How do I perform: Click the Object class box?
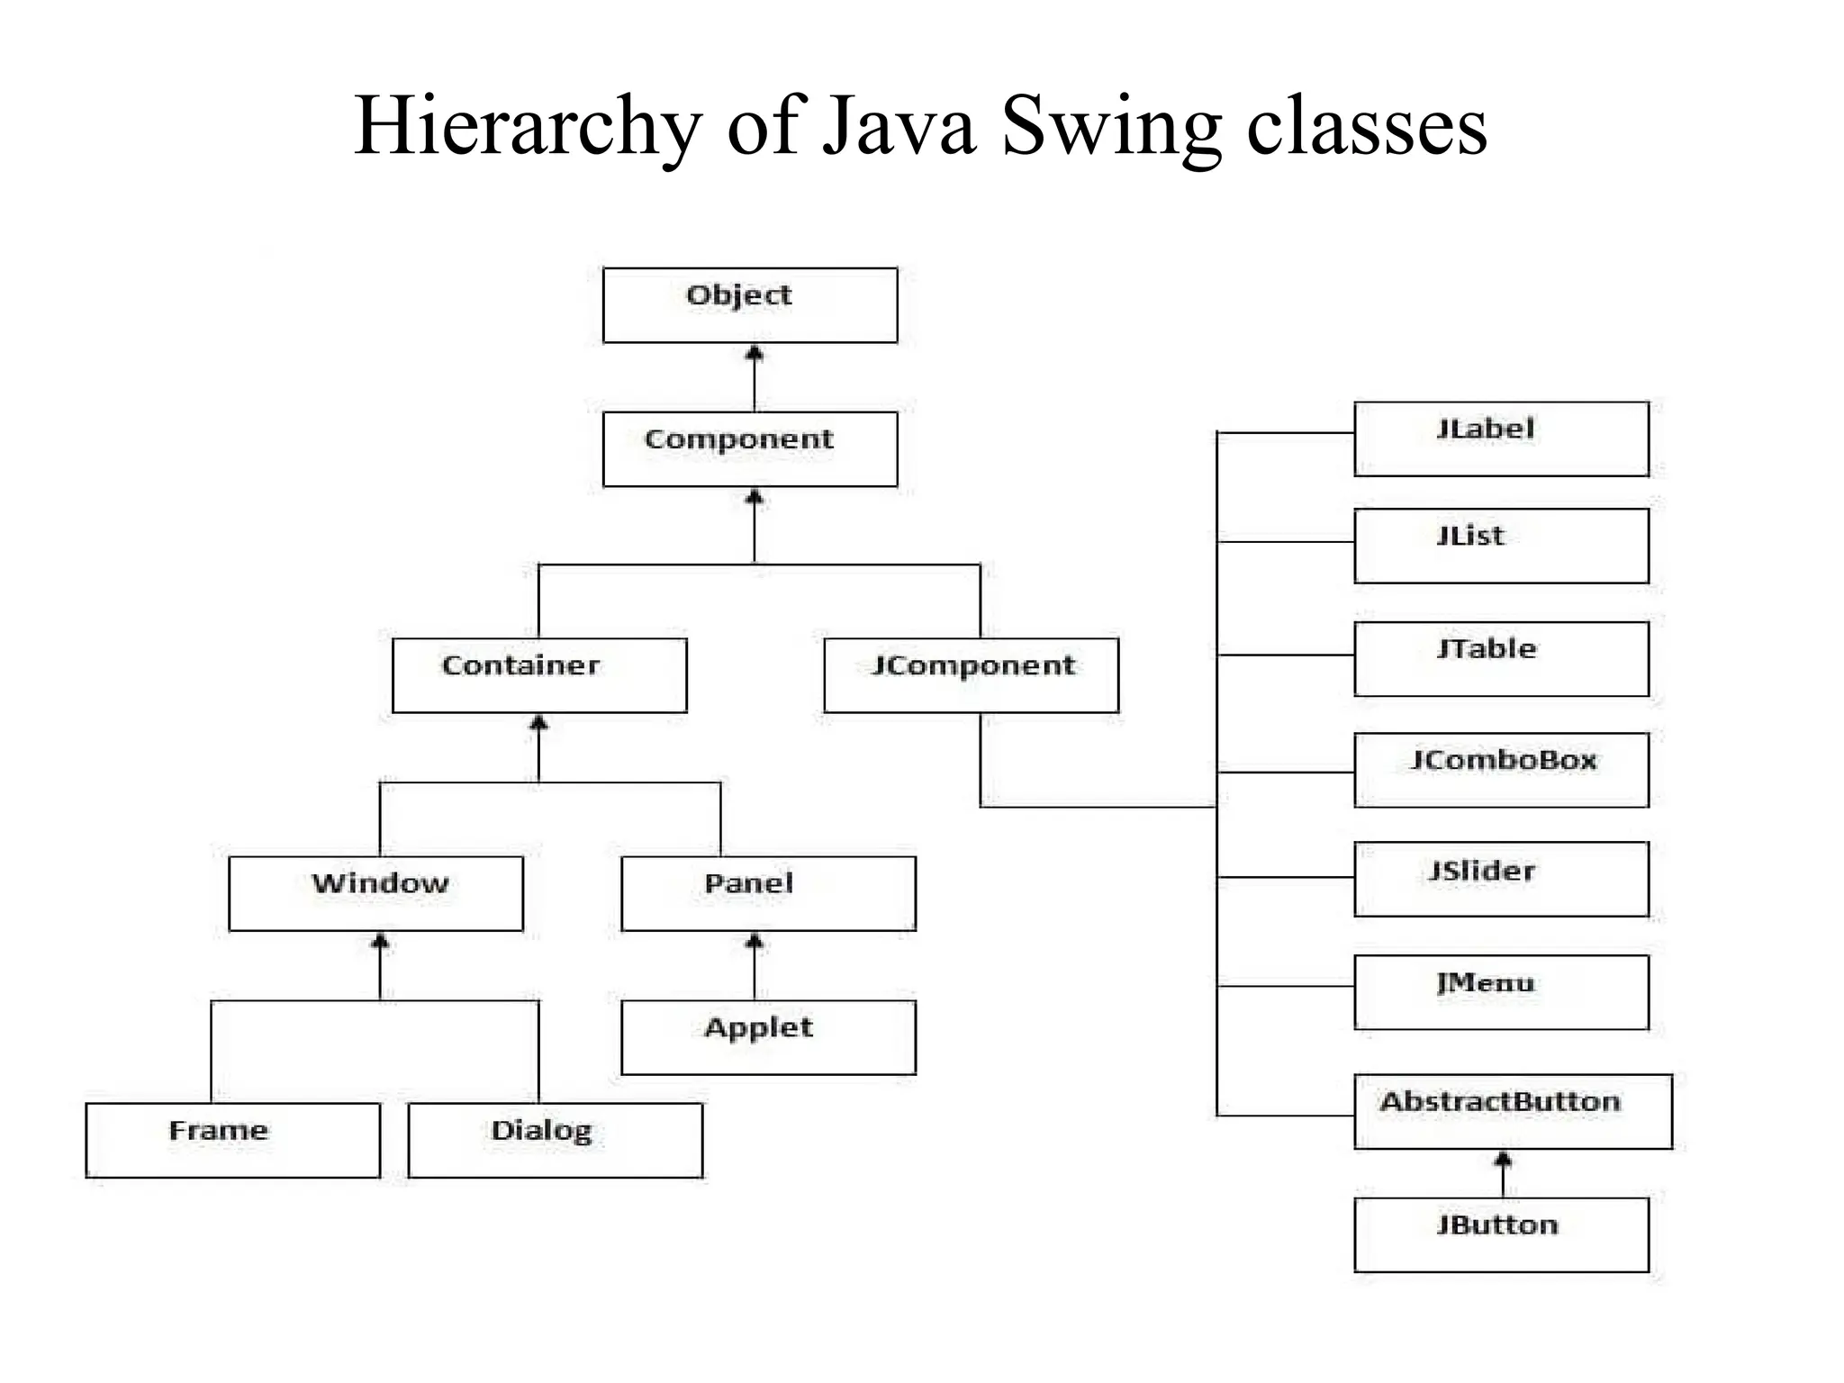pyautogui.click(x=749, y=305)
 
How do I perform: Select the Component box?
pyautogui.click(x=749, y=449)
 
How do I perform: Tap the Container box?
pyautogui.click(x=539, y=675)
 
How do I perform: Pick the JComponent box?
pyautogui.click(x=971, y=675)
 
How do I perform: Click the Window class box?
pyautogui.click(x=375, y=893)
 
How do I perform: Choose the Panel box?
pyautogui.click(x=768, y=893)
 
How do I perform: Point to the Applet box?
pyautogui.click(x=768, y=1037)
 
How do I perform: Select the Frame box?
pyautogui.click(x=232, y=1140)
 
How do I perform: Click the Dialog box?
pyautogui.click(x=555, y=1140)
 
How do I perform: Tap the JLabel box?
pyautogui.click(x=1501, y=438)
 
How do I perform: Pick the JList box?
pyautogui.click(x=1501, y=546)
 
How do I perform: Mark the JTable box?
pyautogui.click(x=1501, y=658)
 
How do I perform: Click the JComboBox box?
pyautogui.click(x=1501, y=770)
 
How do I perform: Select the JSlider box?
pyautogui.click(x=1501, y=879)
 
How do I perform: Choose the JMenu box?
pyautogui.click(x=1501, y=992)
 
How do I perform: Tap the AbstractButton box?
pyautogui.click(x=1513, y=1111)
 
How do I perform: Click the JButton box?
pyautogui.click(x=1501, y=1234)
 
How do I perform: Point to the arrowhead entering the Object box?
pyautogui.click(x=755, y=353)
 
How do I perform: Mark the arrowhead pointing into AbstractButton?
pyautogui.click(x=1503, y=1159)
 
